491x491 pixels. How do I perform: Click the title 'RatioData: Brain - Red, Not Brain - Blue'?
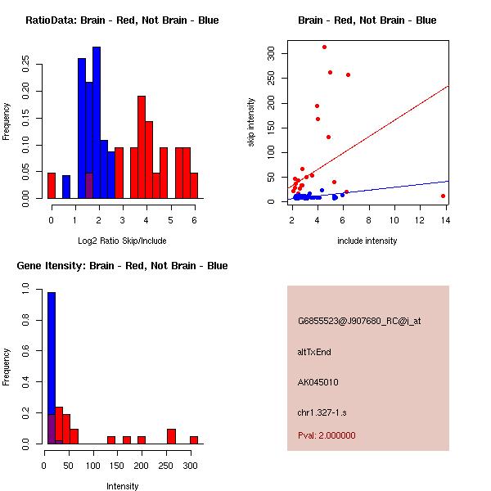tap(122, 20)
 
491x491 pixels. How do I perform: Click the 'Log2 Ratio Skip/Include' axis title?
tap(122, 240)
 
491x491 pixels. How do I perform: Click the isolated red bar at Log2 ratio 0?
tap(52, 186)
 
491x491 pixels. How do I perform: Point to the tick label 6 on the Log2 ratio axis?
tap(194, 220)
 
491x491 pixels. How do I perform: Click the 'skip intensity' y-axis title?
tap(251, 123)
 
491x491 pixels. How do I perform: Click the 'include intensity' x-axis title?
tap(367, 240)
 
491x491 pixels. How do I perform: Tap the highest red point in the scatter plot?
tap(324, 47)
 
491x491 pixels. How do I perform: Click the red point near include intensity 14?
tap(443, 196)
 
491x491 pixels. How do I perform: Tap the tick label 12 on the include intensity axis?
tap(421, 220)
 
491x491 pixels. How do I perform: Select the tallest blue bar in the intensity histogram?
tap(52, 368)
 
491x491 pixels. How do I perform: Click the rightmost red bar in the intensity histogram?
tap(194, 439)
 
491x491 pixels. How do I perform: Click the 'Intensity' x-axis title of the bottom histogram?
tap(122, 486)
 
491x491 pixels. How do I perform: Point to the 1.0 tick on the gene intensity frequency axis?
tap(26, 289)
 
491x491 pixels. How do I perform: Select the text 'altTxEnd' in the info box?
tap(314, 352)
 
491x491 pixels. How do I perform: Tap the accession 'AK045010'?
tap(318, 382)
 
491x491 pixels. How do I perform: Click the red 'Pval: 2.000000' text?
tap(327, 435)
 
